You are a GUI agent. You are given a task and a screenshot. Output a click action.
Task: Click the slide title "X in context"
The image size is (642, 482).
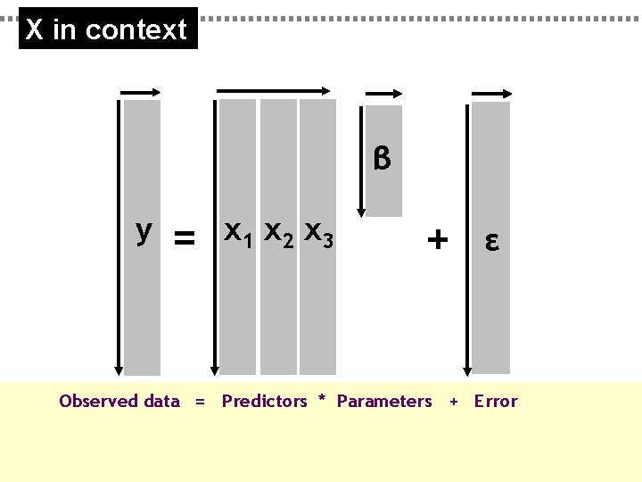click(107, 29)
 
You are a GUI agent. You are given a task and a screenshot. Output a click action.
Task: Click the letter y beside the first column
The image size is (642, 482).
click(143, 231)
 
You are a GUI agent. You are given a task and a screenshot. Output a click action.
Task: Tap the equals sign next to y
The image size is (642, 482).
click(184, 237)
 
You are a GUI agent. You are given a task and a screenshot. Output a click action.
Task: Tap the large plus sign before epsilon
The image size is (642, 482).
click(437, 238)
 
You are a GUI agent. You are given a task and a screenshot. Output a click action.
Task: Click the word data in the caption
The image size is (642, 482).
click(161, 402)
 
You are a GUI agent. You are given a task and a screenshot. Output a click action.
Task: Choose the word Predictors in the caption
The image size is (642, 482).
click(264, 402)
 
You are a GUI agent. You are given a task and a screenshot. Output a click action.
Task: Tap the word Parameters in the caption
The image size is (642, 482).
click(384, 402)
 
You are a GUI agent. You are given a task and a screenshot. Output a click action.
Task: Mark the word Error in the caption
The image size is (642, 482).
click(496, 402)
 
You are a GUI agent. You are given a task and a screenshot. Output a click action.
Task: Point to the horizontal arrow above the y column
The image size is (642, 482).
click(140, 91)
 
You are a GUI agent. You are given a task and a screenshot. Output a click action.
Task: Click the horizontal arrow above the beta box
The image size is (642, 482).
click(383, 92)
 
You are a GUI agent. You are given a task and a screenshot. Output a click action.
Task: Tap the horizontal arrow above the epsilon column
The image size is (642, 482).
click(489, 92)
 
